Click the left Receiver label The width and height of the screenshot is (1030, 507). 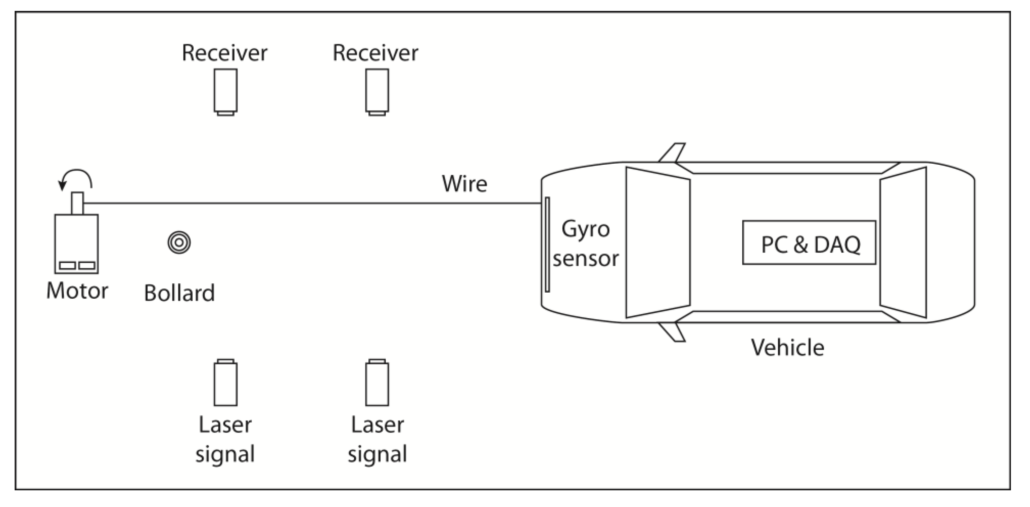[224, 53]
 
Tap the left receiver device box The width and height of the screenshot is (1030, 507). [226, 91]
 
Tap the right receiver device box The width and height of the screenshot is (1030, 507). [377, 91]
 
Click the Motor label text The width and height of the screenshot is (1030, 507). [77, 291]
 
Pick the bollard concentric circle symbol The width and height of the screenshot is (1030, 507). [179, 242]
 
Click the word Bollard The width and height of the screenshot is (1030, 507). [179, 293]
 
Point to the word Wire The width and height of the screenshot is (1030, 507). [464, 184]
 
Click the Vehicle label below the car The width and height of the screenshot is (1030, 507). [787, 347]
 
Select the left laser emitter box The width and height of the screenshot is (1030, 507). [226, 383]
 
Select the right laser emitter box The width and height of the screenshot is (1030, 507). [377, 383]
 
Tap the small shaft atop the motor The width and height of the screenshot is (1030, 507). [77, 203]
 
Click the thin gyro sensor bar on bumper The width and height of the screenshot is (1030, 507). [547, 244]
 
